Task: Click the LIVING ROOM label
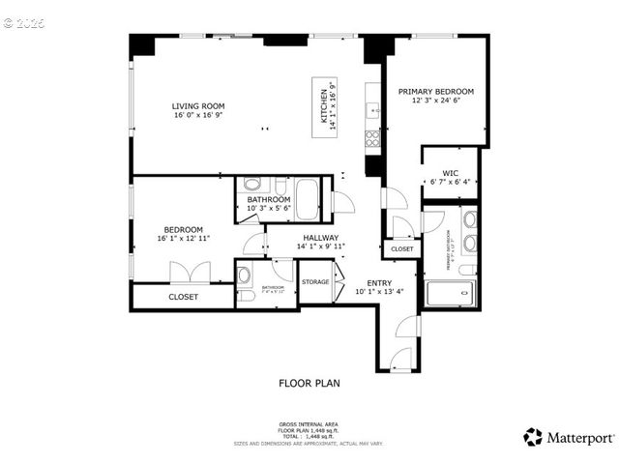[x=198, y=106]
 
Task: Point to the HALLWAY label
[x=320, y=238]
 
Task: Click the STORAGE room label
[x=315, y=282]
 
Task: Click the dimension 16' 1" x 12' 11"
[x=184, y=238]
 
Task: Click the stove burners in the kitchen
[x=372, y=137]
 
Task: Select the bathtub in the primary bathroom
[x=450, y=292]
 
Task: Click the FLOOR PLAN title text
[x=309, y=383]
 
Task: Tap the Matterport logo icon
[x=532, y=437]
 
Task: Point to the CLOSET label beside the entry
[x=401, y=249]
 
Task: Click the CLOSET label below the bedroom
[x=184, y=297]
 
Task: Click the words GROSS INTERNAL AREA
[x=308, y=424]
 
